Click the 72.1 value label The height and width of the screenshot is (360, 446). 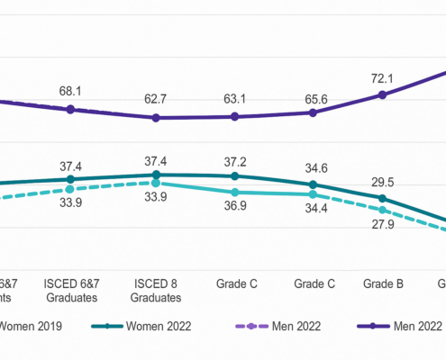(382, 76)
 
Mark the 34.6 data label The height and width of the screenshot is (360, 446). (313, 167)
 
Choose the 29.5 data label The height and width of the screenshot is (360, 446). (382, 181)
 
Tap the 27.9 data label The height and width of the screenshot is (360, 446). (382, 225)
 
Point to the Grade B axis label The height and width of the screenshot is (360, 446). (382, 283)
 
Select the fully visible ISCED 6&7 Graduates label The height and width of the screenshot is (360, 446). (71, 290)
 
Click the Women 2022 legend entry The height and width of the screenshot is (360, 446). (155, 325)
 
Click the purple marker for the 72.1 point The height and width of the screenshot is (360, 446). (382, 94)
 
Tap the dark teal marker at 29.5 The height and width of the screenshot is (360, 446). (382, 198)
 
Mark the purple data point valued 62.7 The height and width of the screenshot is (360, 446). (156, 117)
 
